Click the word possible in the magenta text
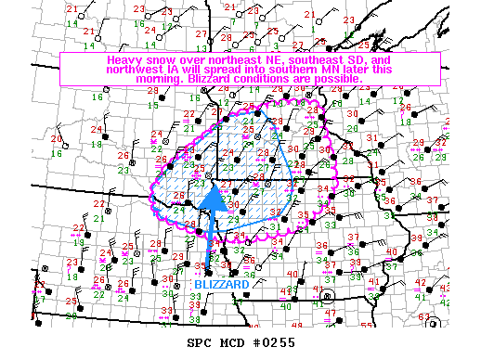(x=333, y=79)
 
